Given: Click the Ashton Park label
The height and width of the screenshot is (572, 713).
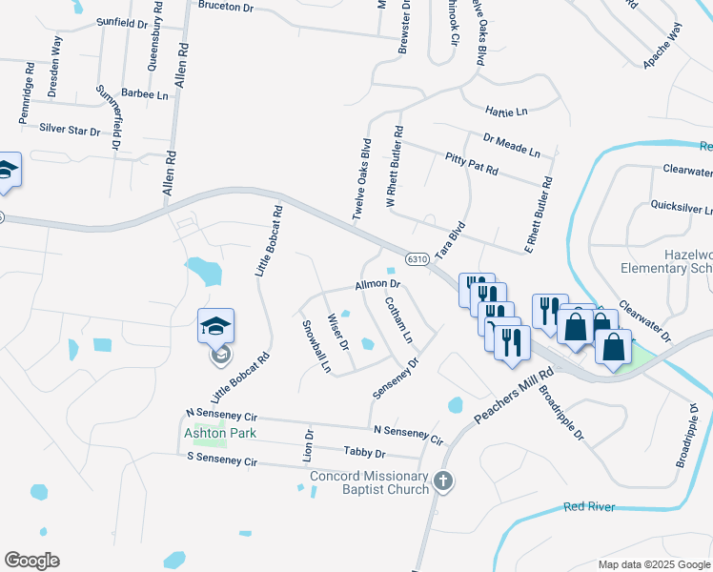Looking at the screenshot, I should pos(207,432).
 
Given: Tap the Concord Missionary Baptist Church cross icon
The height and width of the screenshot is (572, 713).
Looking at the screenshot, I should pos(443,482).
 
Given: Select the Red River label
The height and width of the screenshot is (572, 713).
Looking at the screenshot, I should pos(589,507).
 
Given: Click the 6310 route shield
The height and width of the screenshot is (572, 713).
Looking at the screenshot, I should pos(416,259).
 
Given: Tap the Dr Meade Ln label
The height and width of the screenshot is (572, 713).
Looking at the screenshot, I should pos(511,146).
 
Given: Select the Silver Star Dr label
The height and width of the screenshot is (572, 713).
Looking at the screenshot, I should pos(70,127).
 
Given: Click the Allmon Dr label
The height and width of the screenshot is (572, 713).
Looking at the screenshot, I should pos(377,285).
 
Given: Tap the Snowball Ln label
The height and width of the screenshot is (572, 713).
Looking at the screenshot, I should pos(316,345).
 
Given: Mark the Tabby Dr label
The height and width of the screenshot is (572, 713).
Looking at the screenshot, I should pos(365,453).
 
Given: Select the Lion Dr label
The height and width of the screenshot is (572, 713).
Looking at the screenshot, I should pos(309,446).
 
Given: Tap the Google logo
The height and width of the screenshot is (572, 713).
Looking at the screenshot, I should pos(31,561).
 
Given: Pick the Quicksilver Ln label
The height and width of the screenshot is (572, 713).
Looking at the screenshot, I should pos(681,206).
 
